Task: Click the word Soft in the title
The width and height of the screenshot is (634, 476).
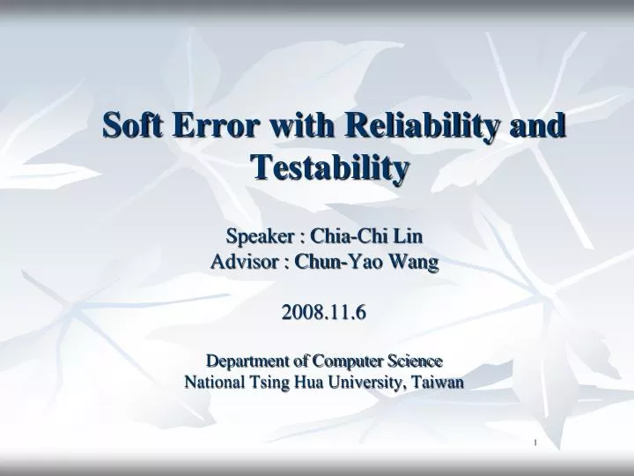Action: pos(133,125)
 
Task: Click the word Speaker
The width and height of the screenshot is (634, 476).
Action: pos(260,236)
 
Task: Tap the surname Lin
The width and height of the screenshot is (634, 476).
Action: pos(409,236)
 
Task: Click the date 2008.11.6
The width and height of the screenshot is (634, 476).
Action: pos(323,311)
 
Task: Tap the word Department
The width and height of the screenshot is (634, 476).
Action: pos(246,361)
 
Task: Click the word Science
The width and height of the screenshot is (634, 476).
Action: pos(412,361)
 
